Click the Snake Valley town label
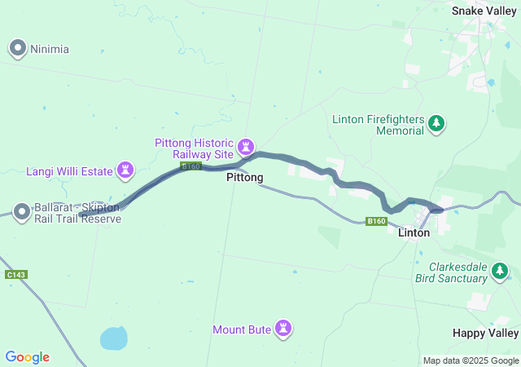coord(484,11)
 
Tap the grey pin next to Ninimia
coord(18,49)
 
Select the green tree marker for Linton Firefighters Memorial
coord(437,124)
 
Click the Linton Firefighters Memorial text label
coord(378,125)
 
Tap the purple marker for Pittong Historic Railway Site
coord(245,148)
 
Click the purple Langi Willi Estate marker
coord(125,170)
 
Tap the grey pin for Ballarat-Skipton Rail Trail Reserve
coord(21,213)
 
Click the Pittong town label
coord(244,177)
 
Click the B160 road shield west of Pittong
coord(190,166)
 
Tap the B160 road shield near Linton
coord(376,221)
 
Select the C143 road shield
coord(16,275)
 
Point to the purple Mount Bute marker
coord(283,329)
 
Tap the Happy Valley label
coord(485,334)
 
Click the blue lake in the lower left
coord(114,337)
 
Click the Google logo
coord(27,357)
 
